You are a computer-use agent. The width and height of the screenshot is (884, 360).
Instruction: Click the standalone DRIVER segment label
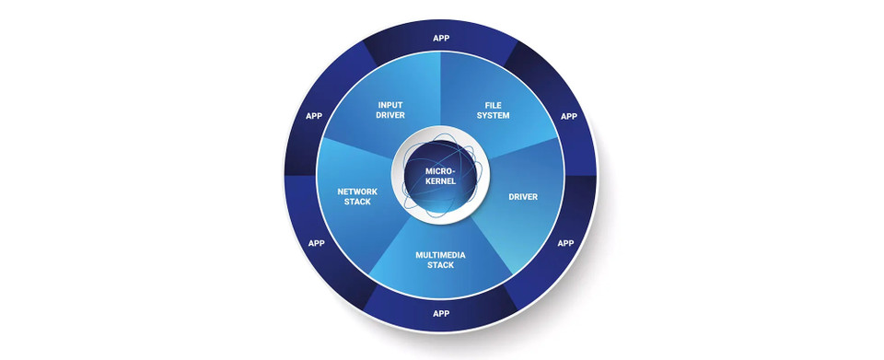pos(523,196)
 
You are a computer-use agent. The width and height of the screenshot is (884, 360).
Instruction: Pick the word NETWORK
pos(357,191)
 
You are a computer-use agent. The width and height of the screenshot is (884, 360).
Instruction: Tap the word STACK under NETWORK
pos(357,202)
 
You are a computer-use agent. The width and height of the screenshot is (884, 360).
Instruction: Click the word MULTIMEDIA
pos(441,253)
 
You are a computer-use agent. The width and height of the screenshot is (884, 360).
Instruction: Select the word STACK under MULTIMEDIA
pos(441,265)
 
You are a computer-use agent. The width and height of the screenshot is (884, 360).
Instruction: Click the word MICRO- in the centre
pos(441,170)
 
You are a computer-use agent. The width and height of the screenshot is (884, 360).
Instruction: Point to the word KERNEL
pos(441,181)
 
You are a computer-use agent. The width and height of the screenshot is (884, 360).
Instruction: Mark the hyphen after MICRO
pos(455,171)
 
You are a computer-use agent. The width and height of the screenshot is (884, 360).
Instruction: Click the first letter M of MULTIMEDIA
pos(419,253)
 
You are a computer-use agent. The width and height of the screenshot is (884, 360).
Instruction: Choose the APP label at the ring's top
pos(441,38)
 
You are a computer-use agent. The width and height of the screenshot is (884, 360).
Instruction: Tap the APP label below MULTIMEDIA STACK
pos(441,312)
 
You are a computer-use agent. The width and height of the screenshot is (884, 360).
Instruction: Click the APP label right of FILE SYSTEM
pos(569,117)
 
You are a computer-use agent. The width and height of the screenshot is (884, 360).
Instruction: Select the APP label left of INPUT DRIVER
pos(315,117)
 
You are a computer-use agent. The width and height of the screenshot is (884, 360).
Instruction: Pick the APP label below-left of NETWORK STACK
pos(317,243)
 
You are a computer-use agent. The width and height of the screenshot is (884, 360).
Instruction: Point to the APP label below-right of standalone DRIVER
pos(565,243)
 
